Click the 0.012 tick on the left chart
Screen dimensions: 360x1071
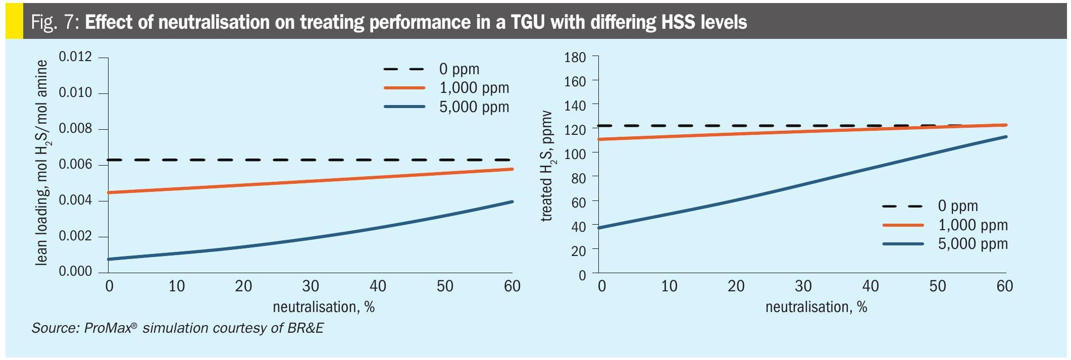(75, 57)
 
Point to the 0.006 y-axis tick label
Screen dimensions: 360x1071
(75, 165)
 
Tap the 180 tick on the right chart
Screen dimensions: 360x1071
(575, 58)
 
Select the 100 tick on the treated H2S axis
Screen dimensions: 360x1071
(575, 154)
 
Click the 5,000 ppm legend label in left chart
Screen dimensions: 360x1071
(474, 107)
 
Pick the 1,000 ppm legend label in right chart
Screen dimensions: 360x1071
(973, 225)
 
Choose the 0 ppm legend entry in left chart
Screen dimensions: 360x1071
(459, 69)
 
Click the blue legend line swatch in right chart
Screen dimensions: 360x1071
(903, 244)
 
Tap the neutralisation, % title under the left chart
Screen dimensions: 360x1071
(324, 307)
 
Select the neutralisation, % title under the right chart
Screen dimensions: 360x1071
(816, 307)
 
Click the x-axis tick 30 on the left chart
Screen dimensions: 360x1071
(311, 286)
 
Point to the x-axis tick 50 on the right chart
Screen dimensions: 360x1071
(938, 286)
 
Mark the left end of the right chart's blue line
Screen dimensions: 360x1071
(599, 228)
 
